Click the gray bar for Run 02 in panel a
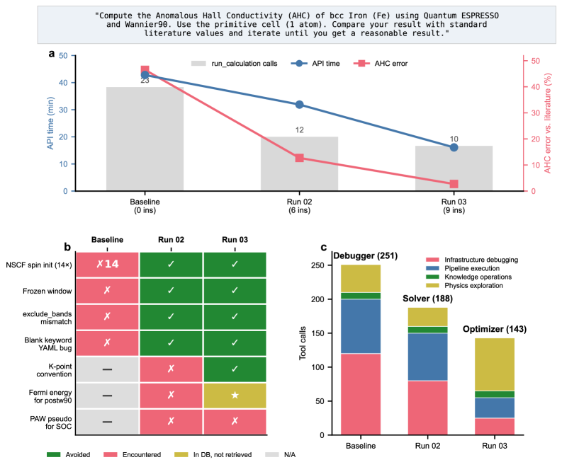299,163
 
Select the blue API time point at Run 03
454,147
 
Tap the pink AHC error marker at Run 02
299,158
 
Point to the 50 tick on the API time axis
64,56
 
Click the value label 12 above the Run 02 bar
299,130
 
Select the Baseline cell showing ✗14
107,264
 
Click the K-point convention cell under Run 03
235,369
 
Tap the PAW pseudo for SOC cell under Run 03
235,422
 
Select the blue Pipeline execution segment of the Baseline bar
361,326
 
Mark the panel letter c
324,248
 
